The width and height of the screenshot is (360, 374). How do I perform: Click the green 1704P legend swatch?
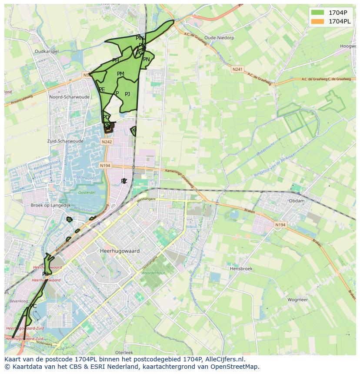tap(317, 13)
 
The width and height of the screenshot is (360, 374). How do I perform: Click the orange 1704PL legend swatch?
tap(317, 21)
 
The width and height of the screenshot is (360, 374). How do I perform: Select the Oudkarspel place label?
tap(47, 51)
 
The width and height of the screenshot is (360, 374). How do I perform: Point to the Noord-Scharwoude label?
tap(70, 97)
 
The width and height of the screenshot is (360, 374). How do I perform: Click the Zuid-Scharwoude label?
tap(65, 141)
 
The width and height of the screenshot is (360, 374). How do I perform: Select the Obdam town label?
tap(297, 201)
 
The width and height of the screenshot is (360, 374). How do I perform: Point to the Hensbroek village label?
tap(241, 269)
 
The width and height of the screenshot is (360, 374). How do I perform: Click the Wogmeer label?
tap(297, 300)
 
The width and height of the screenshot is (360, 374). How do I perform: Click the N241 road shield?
tap(237, 69)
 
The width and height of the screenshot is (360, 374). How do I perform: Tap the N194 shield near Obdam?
tap(280, 225)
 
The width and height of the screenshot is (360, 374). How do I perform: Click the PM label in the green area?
tap(120, 74)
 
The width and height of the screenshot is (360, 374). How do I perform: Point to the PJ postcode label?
tap(127, 94)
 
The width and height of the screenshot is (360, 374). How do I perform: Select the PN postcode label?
tap(147, 60)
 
